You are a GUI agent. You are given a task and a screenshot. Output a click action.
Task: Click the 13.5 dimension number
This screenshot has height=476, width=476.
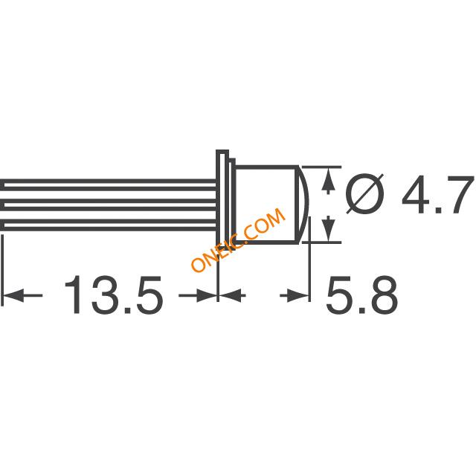pos(114,295)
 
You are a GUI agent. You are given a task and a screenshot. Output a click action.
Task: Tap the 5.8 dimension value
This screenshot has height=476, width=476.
pos(361,295)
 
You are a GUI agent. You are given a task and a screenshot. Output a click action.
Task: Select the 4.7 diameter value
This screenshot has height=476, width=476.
pos(438,193)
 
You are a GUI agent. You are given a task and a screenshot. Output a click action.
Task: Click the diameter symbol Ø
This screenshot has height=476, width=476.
pos(365,193)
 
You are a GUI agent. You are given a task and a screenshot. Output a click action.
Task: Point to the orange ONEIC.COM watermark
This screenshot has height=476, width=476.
pos(239,240)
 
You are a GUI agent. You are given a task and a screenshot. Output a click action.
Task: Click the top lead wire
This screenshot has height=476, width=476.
pos(109,185)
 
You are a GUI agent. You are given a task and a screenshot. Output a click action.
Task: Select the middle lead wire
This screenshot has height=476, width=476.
pos(109,205)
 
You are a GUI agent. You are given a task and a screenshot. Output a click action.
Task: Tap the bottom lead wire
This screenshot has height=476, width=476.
pos(109,225)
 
